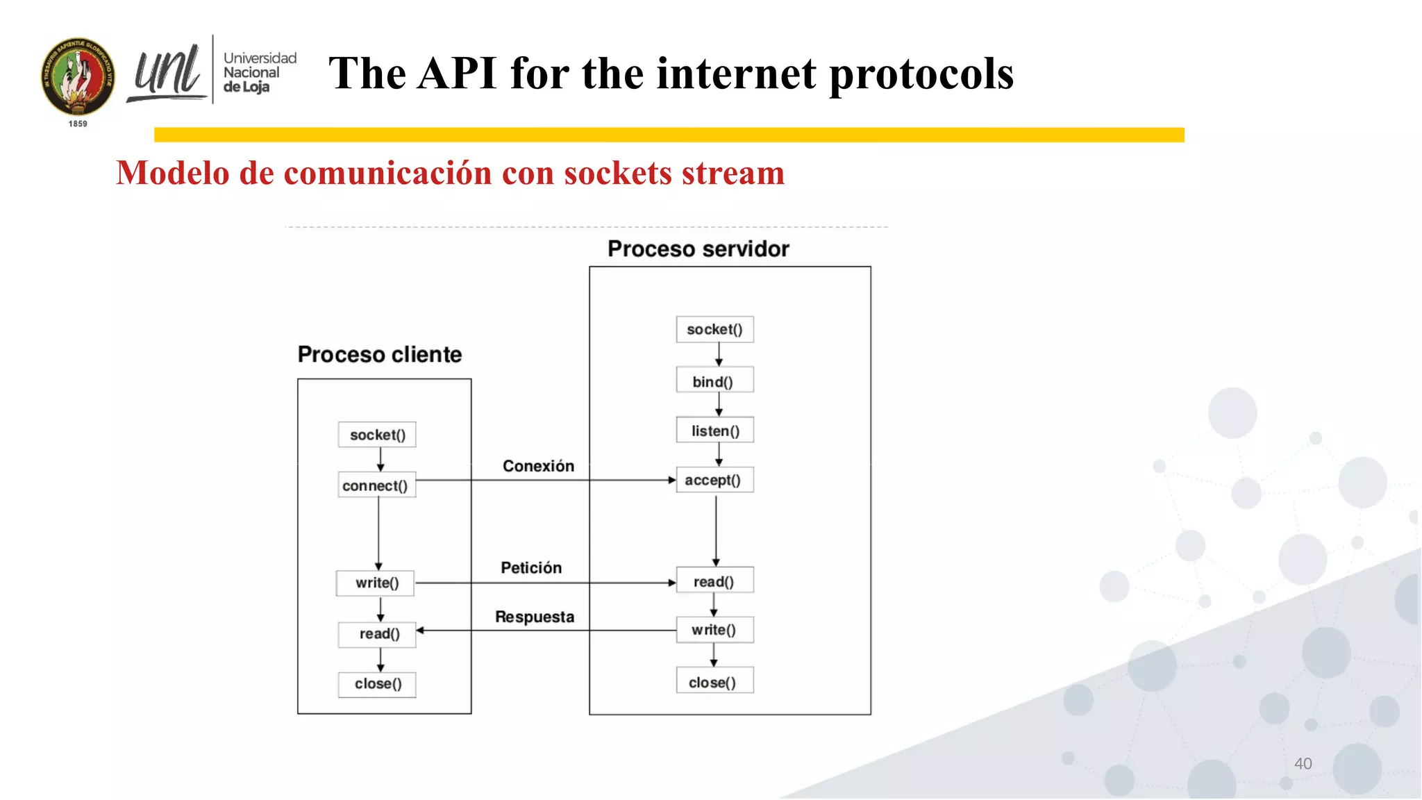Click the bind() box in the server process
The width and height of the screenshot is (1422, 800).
click(x=714, y=381)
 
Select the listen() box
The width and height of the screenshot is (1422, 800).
click(x=714, y=431)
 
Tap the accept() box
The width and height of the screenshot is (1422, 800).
click(x=714, y=480)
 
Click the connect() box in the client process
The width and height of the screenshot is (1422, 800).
click(x=376, y=485)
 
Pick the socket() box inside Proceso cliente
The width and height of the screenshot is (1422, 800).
click(x=377, y=435)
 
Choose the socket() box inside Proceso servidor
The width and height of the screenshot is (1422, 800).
click(x=714, y=329)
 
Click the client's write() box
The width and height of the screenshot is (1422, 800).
click(x=376, y=583)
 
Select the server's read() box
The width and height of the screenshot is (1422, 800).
click(x=714, y=581)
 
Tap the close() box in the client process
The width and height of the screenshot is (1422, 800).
click(x=377, y=684)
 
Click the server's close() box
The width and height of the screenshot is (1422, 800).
click(x=714, y=682)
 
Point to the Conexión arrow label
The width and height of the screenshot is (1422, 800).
click(x=538, y=466)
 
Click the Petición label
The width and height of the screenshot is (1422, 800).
click(x=531, y=567)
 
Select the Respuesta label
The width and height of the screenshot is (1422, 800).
click(x=535, y=617)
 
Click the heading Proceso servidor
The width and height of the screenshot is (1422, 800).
click(x=698, y=249)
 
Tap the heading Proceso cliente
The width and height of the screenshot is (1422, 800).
click(x=380, y=354)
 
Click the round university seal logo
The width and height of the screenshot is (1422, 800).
click(x=78, y=76)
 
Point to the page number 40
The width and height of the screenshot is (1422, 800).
click(x=1303, y=763)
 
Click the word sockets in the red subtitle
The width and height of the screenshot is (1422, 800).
click(x=617, y=173)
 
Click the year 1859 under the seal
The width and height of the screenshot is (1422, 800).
click(x=78, y=124)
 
